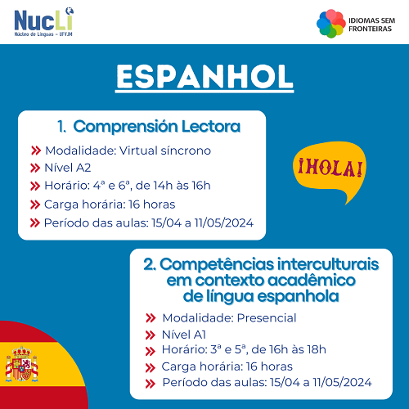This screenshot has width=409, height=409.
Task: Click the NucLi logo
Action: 44,22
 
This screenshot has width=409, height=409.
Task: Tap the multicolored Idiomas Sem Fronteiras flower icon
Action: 331,24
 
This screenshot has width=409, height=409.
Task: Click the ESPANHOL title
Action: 204,77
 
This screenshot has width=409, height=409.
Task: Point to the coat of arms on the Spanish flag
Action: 22,364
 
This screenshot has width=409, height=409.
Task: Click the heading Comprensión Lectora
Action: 157,127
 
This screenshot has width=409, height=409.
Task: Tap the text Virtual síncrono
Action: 165,151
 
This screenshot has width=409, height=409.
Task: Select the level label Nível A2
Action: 68,168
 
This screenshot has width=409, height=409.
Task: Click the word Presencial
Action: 267,318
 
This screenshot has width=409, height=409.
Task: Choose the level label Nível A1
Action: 184,335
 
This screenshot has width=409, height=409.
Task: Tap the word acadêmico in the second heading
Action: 312,281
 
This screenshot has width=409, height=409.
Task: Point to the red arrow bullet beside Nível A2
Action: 35,168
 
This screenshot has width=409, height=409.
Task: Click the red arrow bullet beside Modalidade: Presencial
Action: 151,318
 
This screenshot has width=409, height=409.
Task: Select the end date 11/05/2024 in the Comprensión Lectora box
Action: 224,222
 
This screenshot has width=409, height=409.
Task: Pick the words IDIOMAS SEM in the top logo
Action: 371,20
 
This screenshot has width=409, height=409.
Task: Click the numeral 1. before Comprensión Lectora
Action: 62,127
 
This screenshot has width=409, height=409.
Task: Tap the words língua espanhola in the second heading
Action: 272,297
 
